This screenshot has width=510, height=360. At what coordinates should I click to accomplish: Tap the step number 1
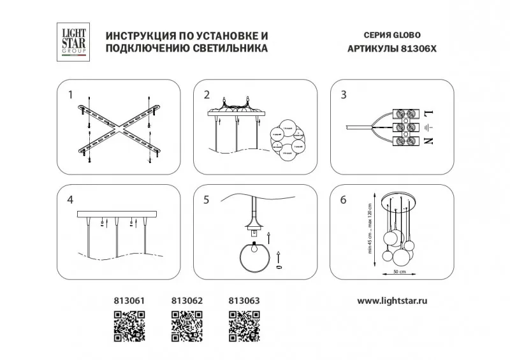pos(71,96)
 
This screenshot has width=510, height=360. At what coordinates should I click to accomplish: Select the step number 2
pos(207,96)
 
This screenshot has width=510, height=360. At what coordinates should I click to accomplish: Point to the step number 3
pos(344,96)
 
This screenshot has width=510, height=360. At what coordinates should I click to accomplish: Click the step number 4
pos(71,200)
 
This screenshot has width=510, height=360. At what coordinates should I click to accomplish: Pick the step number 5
pos(207,200)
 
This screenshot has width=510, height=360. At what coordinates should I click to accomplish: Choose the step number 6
pos(344,200)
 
